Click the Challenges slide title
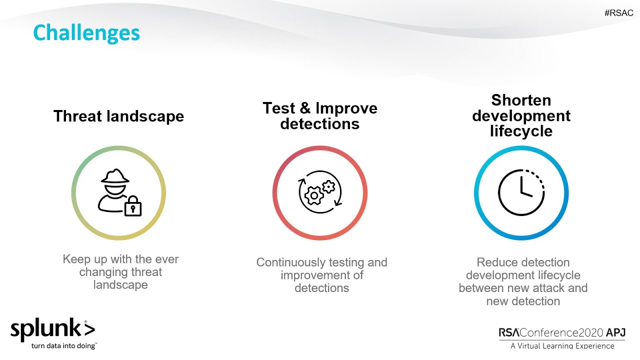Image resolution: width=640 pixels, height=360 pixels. (86, 33)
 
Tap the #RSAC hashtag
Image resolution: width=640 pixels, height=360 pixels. (618, 13)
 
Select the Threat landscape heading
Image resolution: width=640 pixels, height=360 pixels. (118, 116)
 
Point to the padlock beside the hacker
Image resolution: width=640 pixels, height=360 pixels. (132, 206)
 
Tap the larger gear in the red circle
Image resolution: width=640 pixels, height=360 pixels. (314, 195)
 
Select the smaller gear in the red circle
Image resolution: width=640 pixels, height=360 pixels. (328, 186)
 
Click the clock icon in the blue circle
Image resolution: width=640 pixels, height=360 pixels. (521, 192)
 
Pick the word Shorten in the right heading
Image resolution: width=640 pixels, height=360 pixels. (521, 100)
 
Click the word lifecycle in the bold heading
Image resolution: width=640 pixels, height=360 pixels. (521, 131)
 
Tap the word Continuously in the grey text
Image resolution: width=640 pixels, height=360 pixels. (291, 262)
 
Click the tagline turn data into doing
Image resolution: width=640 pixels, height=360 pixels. (63, 345)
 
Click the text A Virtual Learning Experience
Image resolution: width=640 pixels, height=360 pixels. (562, 346)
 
